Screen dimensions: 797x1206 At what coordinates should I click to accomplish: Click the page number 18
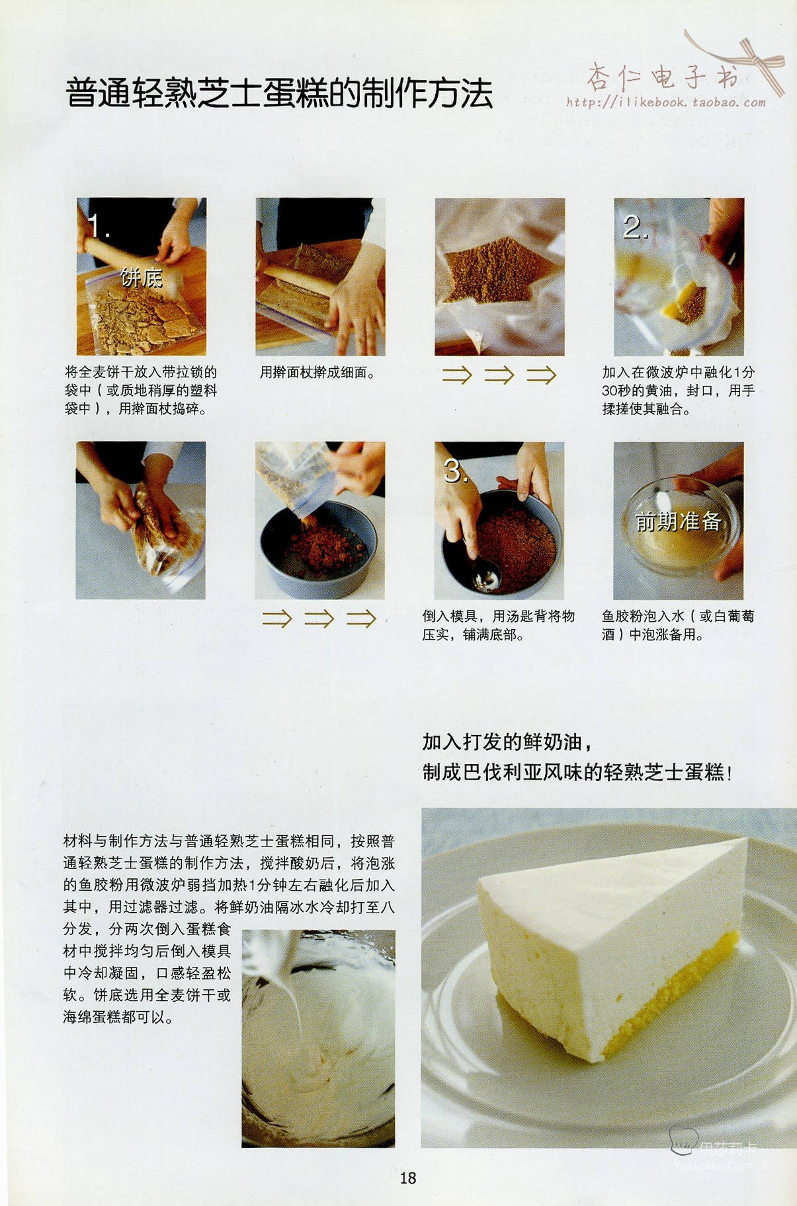pyautogui.click(x=407, y=1177)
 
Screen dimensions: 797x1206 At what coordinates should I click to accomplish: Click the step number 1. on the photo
pyautogui.click(x=97, y=226)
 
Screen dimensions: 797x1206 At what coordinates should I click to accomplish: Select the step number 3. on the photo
pyautogui.click(x=456, y=471)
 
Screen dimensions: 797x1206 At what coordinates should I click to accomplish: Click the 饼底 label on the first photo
pyautogui.click(x=142, y=278)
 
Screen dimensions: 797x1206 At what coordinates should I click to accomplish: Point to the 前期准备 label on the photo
pyautogui.click(x=678, y=521)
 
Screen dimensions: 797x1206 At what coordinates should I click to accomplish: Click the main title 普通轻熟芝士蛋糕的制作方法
pyautogui.click(x=279, y=93)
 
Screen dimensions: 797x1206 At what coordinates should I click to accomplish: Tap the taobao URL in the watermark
pyautogui.click(x=665, y=102)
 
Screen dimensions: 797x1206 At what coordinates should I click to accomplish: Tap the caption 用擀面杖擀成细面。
pyautogui.click(x=318, y=373)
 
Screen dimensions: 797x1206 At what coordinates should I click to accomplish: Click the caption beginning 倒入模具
pyautogui.click(x=499, y=625)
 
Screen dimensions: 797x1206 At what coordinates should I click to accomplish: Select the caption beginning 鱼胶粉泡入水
pyautogui.click(x=678, y=625)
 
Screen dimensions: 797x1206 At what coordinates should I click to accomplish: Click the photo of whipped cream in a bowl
pyautogui.click(x=318, y=1038)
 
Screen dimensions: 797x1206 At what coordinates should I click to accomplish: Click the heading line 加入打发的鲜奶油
pyautogui.click(x=507, y=742)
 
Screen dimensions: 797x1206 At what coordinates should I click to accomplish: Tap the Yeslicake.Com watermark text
pyautogui.click(x=713, y=1166)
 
